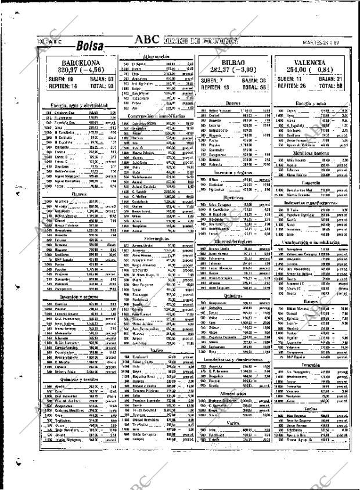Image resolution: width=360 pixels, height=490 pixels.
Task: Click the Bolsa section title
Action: [x=89, y=46]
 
